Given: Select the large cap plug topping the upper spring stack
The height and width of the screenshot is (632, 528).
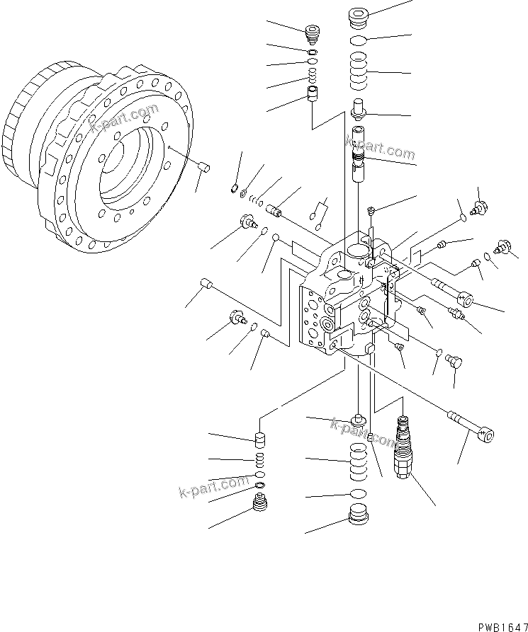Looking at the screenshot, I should pos(361,16).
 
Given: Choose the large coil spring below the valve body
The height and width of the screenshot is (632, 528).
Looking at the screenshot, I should pos(359,461).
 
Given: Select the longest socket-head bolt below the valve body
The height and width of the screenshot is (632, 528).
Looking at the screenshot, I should pos(471,427).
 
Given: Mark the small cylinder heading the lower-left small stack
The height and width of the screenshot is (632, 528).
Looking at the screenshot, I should pos(260,441).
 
